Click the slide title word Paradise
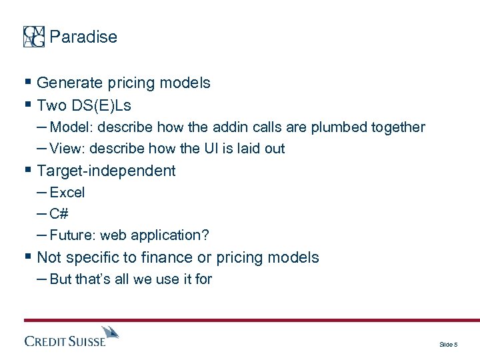(83, 37)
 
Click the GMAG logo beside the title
(34, 37)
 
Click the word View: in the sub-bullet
(68, 149)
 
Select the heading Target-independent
(106, 171)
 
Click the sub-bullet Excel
(67, 193)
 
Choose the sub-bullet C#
(59, 214)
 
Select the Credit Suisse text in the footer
(65, 341)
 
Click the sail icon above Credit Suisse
(109, 333)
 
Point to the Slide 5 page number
(448, 345)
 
